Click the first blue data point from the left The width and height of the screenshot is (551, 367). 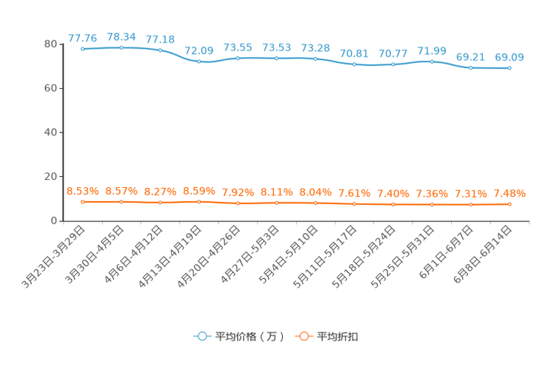click(82, 49)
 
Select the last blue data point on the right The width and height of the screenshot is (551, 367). click(510, 68)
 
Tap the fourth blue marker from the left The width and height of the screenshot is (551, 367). click(199, 61)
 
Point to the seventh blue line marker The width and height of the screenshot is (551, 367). click(315, 58)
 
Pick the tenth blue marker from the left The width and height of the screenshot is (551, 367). click(432, 61)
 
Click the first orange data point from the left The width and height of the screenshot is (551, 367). click(82, 201)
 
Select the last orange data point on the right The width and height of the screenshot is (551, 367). click(510, 204)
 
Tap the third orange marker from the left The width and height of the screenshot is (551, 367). click(160, 202)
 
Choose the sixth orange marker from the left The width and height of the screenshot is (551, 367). click(277, 202)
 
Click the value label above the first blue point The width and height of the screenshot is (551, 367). click(82, 38)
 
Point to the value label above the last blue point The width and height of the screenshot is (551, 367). click(510, 57)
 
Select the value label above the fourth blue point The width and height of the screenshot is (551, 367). click(199, 50)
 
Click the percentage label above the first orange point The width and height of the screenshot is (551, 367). click(82, 191)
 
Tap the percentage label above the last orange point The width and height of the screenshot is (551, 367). click(510, 194)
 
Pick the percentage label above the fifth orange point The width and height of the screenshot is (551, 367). click(238, 192)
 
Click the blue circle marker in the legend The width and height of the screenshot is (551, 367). click(201, 336)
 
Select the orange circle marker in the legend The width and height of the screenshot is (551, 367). click(303, 336)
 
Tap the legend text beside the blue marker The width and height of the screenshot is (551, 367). click(249, 337)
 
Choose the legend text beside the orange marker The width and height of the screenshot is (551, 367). click(338, 337)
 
